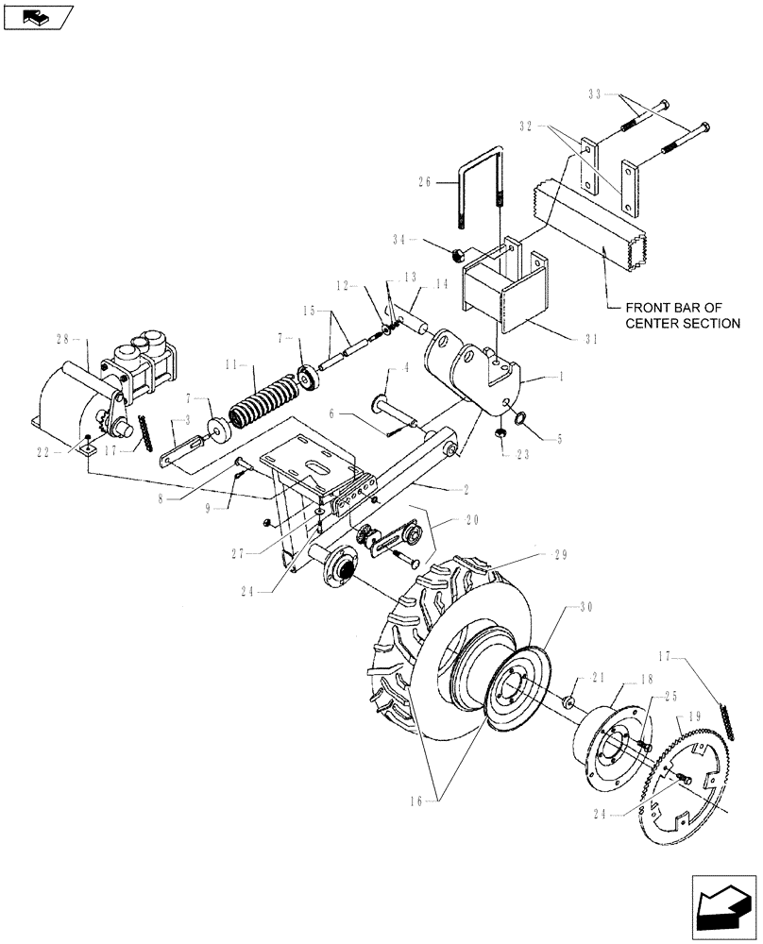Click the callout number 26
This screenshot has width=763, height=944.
tap(423, 184)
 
